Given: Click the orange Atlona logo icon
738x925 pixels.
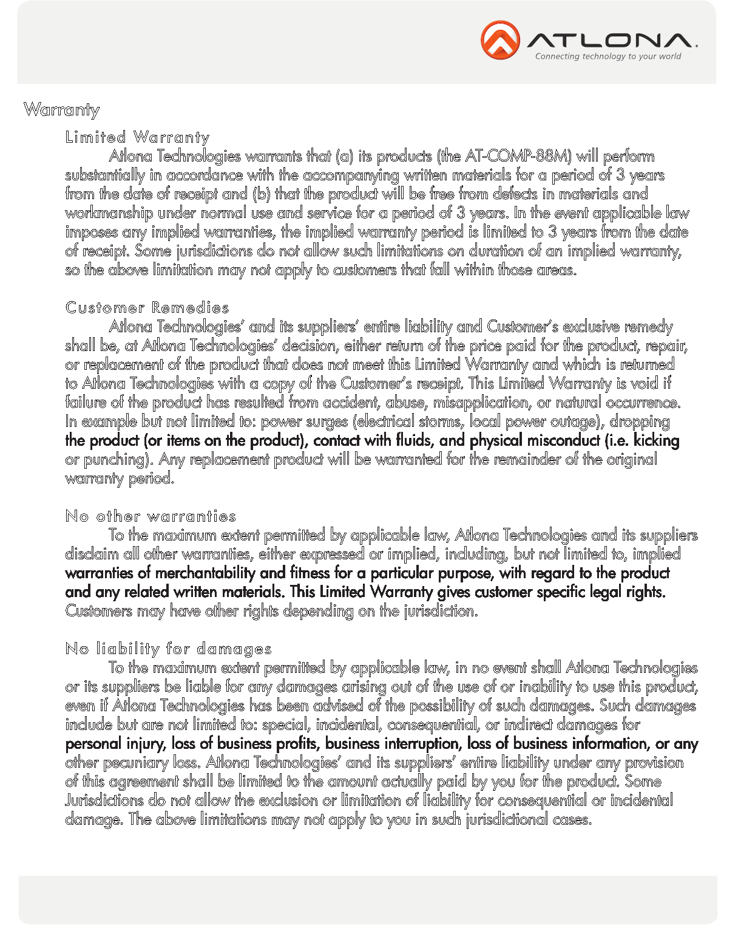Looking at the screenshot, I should click(x=500, y=40).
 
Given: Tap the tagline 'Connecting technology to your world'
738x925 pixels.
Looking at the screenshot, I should click(x=608, y=56).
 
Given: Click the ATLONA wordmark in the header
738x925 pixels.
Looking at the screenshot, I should click(x=609, y=40).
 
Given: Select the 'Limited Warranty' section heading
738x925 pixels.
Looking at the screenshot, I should click(x=137, y=137).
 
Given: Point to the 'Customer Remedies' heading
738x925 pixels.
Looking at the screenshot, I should click(x=147, y=307).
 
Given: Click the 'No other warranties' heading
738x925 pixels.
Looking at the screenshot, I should click(x=151, y=516).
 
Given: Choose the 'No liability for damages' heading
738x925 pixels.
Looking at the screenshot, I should click(x=168, y=649).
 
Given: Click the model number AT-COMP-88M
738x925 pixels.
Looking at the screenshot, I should click(x=518, y=156).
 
